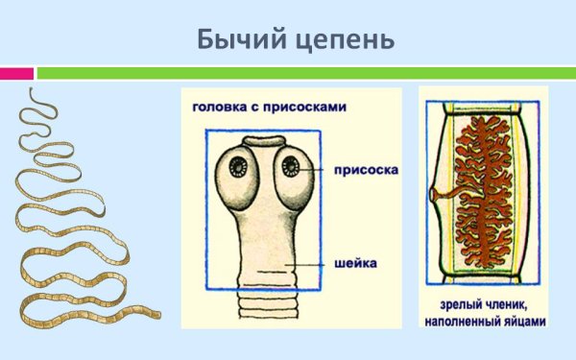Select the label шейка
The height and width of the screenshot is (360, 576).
(x=355, y=262)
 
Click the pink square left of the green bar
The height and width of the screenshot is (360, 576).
(x=16, y=73)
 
